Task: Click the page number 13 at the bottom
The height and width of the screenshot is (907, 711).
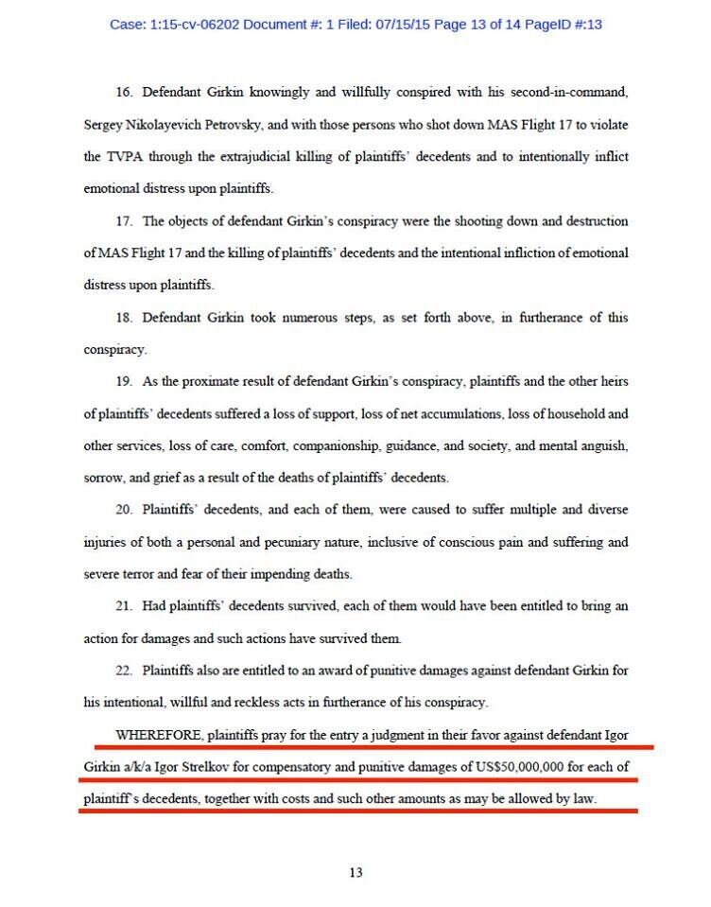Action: click(x=355, y=873)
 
